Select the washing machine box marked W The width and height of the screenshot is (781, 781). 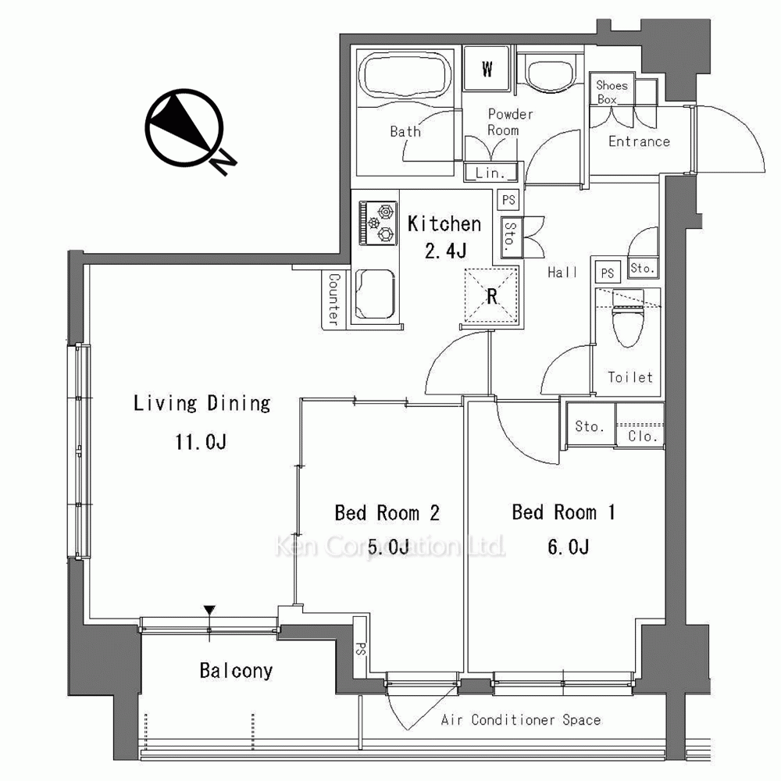pos(487,68)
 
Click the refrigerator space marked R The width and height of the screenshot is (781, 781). pos(491,296)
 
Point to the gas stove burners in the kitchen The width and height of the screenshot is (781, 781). pos(378,223)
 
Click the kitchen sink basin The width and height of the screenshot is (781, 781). pos(376,294)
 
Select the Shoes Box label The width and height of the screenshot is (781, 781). pos(612,92)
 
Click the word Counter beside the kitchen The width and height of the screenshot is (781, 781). pos(333,299)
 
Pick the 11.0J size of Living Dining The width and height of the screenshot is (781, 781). pos(201,442)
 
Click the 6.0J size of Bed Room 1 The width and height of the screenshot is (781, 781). pos(569,547)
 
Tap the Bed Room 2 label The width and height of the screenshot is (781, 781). pos(387,513)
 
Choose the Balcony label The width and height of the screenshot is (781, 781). pos(236,671)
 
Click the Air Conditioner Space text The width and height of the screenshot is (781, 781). pos(520,720)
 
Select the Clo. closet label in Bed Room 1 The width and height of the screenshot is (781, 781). pos(643,437)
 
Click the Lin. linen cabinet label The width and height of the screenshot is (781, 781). pos(490,173)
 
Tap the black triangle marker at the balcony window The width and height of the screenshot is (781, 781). pos(209,610)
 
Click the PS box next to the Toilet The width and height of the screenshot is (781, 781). pos(608,273)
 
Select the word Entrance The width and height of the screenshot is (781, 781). pos(639,141)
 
